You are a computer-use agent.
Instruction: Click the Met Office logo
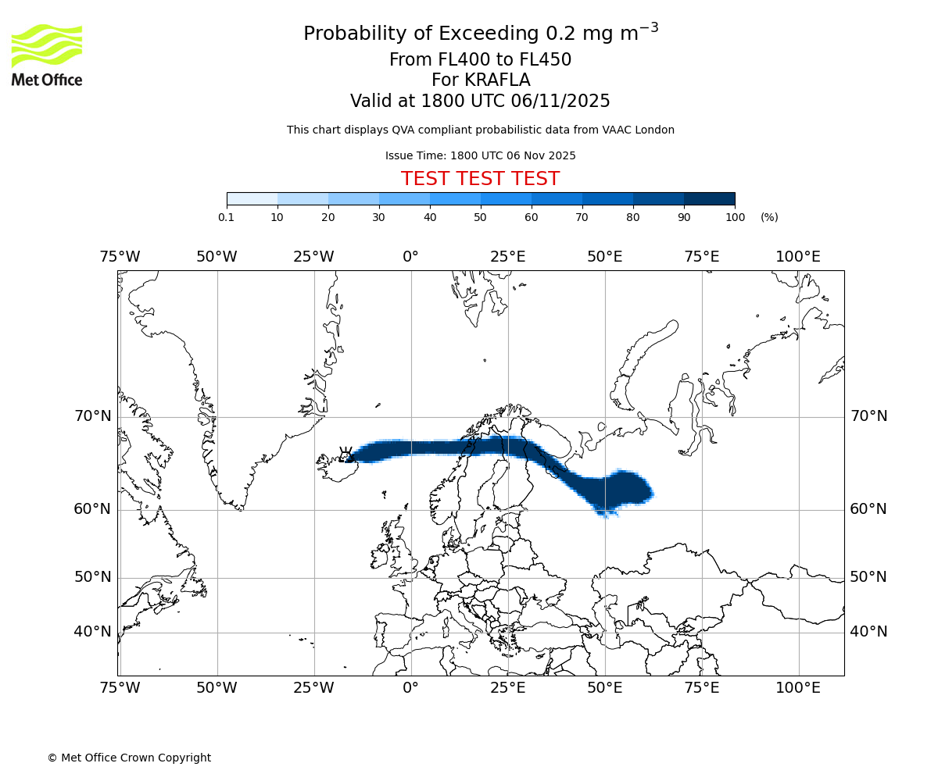tap(47, 55)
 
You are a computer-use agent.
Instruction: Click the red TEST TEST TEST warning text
tap(480, 179)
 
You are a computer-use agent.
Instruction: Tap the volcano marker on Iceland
tap(345, 455)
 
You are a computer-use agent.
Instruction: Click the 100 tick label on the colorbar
tap(735, 217)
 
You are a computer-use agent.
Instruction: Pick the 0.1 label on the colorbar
tap(227, 217)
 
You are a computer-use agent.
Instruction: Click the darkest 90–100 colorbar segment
tap(709, 199)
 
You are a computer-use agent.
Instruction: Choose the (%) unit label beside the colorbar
tap(769, 217)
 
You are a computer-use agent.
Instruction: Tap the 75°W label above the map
tap(120, 257)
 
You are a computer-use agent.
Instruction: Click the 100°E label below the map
tap(798, 688)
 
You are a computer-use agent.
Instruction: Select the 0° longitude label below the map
tap(410, 688)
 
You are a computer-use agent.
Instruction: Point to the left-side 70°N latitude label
tap(93, 416)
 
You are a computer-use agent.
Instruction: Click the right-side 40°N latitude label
tap(868, 632)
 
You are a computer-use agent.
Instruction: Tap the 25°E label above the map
tap(507, 257)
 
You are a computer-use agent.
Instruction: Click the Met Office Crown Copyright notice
tap(129, 758)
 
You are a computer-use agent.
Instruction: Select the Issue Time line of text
tap(480, 155)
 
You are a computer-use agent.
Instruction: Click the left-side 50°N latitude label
tap(93, 577)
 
